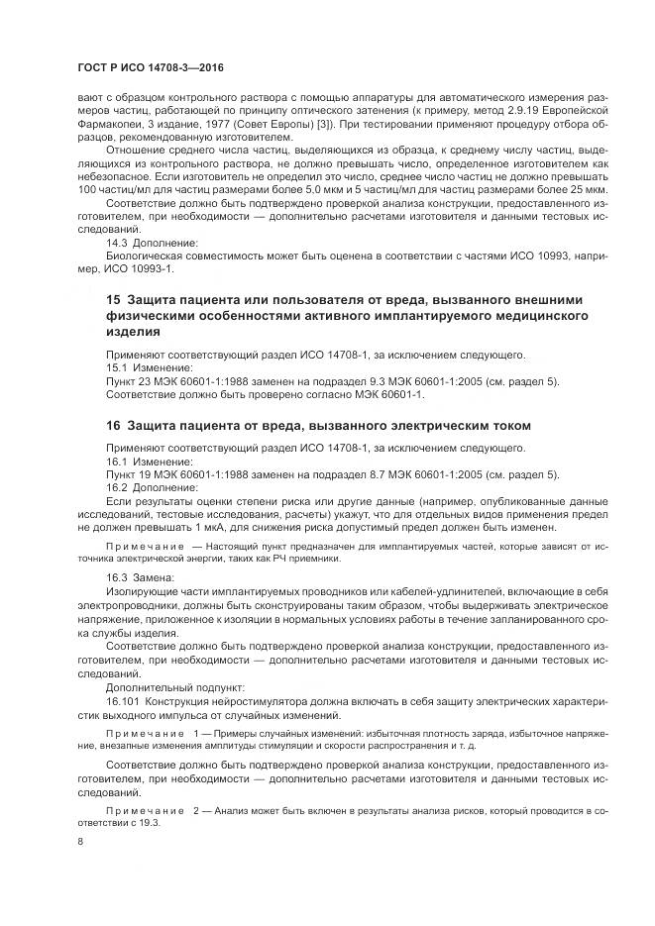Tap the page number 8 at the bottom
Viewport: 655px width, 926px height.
click(81, 841)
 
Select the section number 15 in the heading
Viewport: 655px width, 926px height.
click(112, 299)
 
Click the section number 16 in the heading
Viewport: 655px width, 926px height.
click(112, 425)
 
